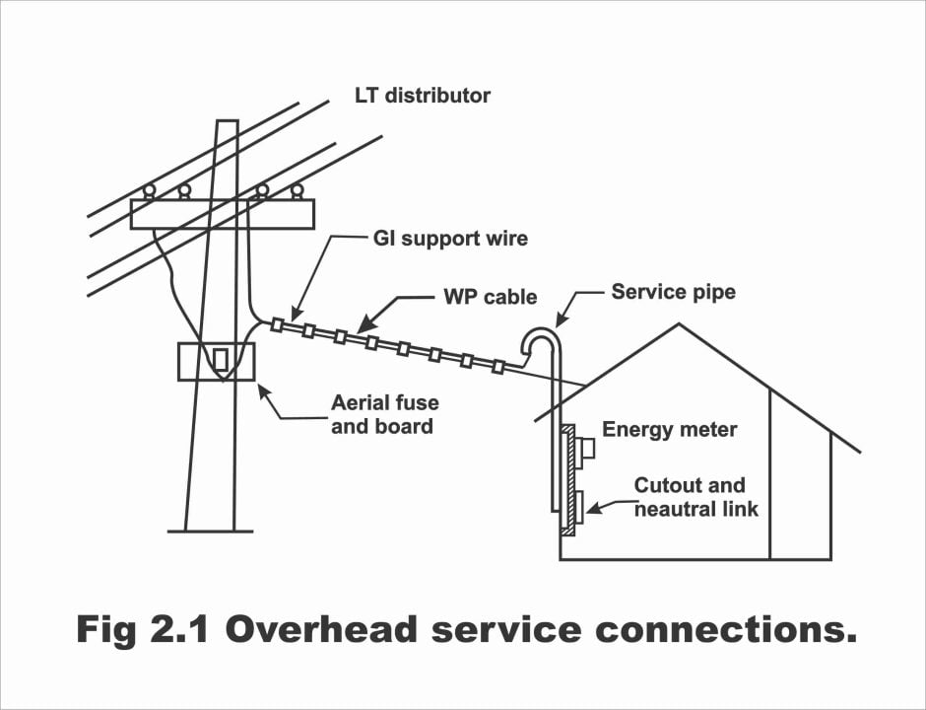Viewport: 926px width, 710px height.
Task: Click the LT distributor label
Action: point(423,96)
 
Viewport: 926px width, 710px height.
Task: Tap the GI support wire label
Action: point(450,239)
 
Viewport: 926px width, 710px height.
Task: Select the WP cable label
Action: point(491,297)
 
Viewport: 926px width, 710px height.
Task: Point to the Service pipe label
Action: point(673,292)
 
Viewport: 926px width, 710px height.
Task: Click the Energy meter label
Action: point(669,430)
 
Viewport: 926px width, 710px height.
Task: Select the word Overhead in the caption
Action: point(322,629)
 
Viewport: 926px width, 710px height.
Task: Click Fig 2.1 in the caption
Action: point(142,630)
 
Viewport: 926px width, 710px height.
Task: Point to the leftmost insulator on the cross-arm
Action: point(150,191)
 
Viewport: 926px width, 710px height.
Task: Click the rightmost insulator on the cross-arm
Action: point(298,191)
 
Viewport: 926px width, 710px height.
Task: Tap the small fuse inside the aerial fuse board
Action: point(221,359)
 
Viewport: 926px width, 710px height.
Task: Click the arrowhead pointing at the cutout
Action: point(593,508)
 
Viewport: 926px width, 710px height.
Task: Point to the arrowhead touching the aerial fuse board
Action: point(264,391)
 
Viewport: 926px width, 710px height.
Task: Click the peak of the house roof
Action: point(679,324)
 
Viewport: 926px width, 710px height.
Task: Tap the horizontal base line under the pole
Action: point(210,532)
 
